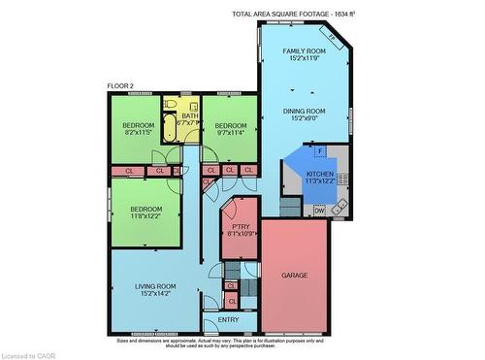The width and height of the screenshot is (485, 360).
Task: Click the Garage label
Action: click(x=294, y=276)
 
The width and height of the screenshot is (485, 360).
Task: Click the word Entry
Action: click(x=229, y=320)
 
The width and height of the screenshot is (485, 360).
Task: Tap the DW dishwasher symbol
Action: click(x=318, y=211)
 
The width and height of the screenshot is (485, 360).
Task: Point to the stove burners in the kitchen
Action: click(x=342, y=179)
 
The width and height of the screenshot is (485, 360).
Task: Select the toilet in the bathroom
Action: click(x=171, y=104)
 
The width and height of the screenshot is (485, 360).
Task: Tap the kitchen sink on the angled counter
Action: click(x=339, y=207)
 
